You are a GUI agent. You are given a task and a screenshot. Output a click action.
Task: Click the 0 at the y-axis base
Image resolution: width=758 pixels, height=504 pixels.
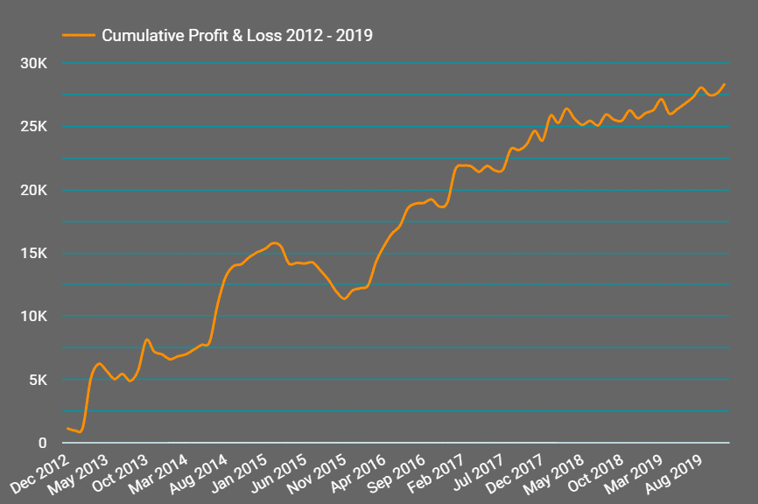(x=43, y=443)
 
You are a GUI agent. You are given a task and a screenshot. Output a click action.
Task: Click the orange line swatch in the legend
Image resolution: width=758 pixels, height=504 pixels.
(x=79, y=36)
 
